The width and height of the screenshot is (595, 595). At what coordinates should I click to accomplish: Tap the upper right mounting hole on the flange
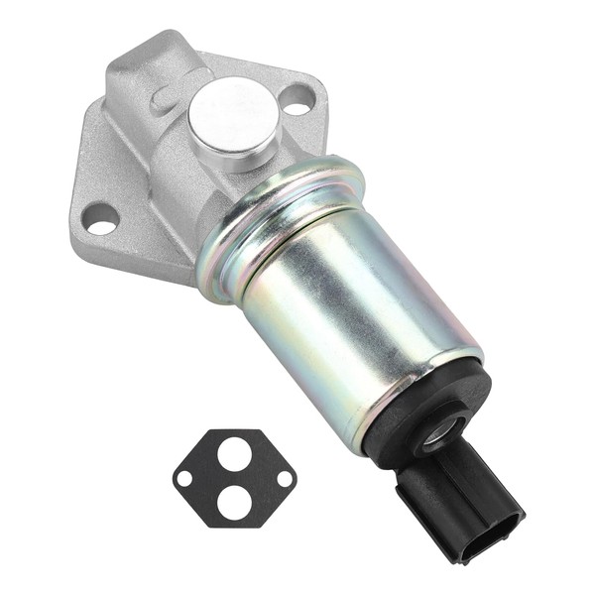click(x=297, y=97)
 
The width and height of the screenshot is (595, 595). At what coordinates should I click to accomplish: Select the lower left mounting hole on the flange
click(x=100, y=218)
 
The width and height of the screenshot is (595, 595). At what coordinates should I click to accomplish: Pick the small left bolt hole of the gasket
click(x=184, y=478)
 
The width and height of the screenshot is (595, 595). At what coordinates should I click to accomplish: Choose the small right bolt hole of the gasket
click(x=284, y=477)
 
